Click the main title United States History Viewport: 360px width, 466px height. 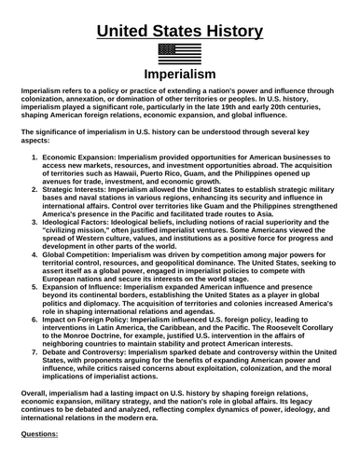[x=179, y=31]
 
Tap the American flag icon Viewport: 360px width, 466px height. [x=180, y=54]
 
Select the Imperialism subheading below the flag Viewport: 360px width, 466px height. [x=179, y=74]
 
